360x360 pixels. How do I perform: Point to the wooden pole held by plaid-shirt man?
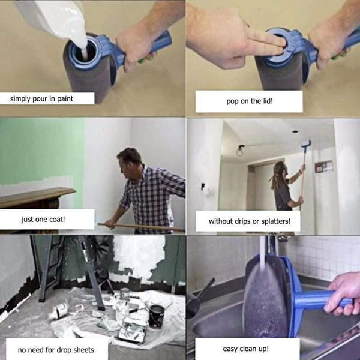(144, 227)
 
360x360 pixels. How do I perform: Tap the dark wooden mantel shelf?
(36, 197)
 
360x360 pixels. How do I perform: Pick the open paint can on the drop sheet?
(156, 316)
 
